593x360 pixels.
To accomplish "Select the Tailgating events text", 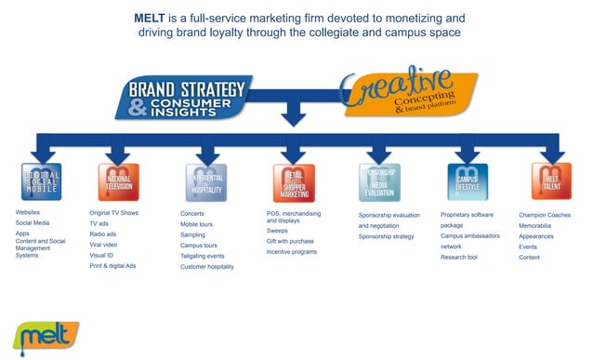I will point(202,256).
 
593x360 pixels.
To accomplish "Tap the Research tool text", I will point(461,257).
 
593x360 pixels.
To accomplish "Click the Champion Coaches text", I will point(545,215).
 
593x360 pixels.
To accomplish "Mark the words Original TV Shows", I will point(113,213).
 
